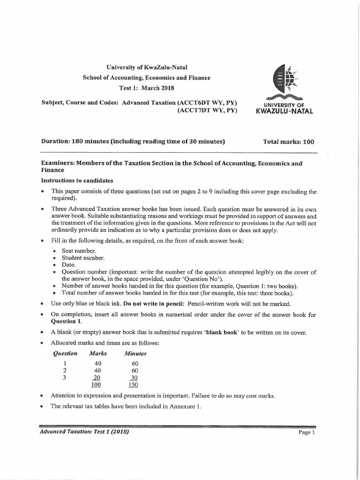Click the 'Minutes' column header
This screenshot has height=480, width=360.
coord(135,353)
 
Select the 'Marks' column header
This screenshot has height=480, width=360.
coord(98,353)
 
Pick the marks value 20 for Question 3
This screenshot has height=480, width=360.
coord(96,377)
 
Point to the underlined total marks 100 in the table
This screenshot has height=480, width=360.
coord(96,385)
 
